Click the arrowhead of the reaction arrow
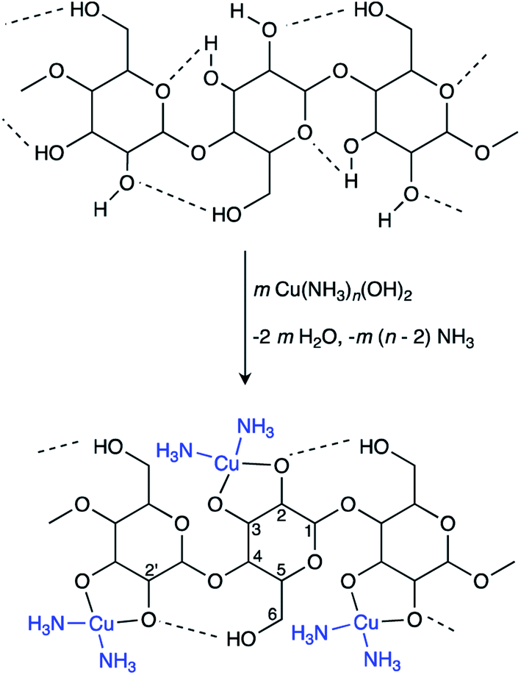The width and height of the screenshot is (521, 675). [246, 379]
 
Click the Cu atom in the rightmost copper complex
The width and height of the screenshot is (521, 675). [361, 624]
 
